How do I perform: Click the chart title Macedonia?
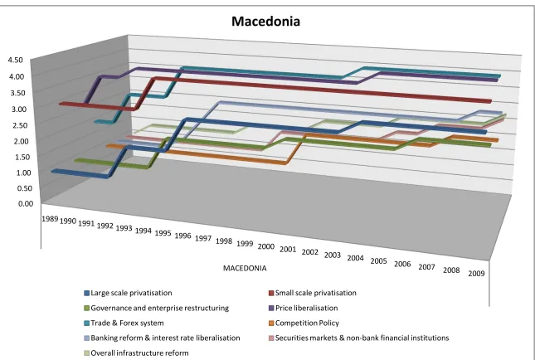(265, 22)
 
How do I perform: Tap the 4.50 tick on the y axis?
(15, 60)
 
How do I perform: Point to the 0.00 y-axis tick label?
(26, 204)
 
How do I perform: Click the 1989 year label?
(50, 219)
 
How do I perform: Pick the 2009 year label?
(476, 274)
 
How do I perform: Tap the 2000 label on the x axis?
(266, 246)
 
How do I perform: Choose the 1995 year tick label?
(163, 233)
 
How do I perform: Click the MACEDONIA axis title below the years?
(245, 268)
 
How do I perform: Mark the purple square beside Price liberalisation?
(271, 309)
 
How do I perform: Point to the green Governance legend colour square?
(86, 309)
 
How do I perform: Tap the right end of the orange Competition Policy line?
(498, 140)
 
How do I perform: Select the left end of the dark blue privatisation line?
(52, 171)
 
